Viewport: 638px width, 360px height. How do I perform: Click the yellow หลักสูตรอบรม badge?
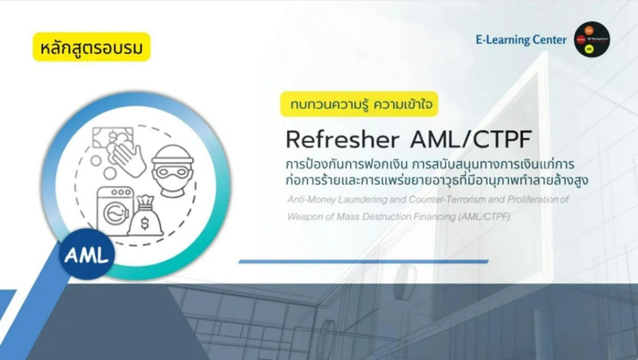(x=91, y=47)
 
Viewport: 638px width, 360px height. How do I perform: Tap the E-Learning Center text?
(x=521, y=40)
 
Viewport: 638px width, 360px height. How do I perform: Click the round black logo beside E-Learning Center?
(x=591, y=39)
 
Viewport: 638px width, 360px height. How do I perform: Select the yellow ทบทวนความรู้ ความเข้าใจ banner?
(x=359, y=103)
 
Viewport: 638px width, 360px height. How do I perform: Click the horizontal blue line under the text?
(x=363, y=261)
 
